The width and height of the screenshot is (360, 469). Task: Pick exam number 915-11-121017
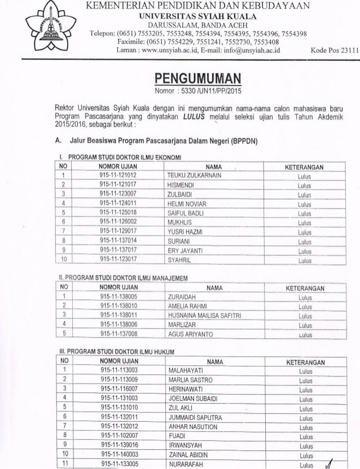pos(118,185)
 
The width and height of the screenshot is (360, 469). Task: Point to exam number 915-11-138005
pos(118,297)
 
